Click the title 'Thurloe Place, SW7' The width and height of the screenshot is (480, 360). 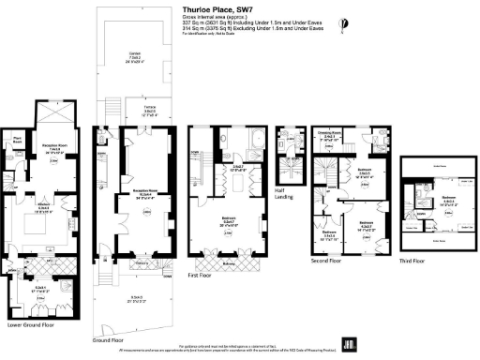pyautogui.click(x=217, y=7)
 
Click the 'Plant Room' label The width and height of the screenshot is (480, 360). pyautogui.click(x=18, y=140)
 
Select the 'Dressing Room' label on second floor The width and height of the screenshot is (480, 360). pyautogui.click(x=328, y=134)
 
